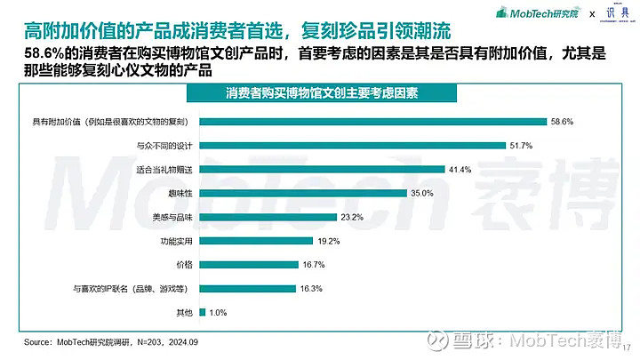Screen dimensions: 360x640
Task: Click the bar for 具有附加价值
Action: (373, 122)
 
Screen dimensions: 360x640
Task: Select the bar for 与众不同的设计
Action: (352, 145)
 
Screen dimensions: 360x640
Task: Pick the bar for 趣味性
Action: (302, 193)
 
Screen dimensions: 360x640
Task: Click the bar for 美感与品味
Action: (268, 217)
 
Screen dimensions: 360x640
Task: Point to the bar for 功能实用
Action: (256, 241)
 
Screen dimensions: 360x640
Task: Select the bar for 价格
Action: (248, 265)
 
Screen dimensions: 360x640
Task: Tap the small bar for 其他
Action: (203, 312)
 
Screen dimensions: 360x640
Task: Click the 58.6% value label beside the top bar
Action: (562, 122)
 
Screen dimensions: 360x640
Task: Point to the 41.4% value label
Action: (460, 169)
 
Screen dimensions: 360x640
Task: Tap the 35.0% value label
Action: (420, 193)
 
